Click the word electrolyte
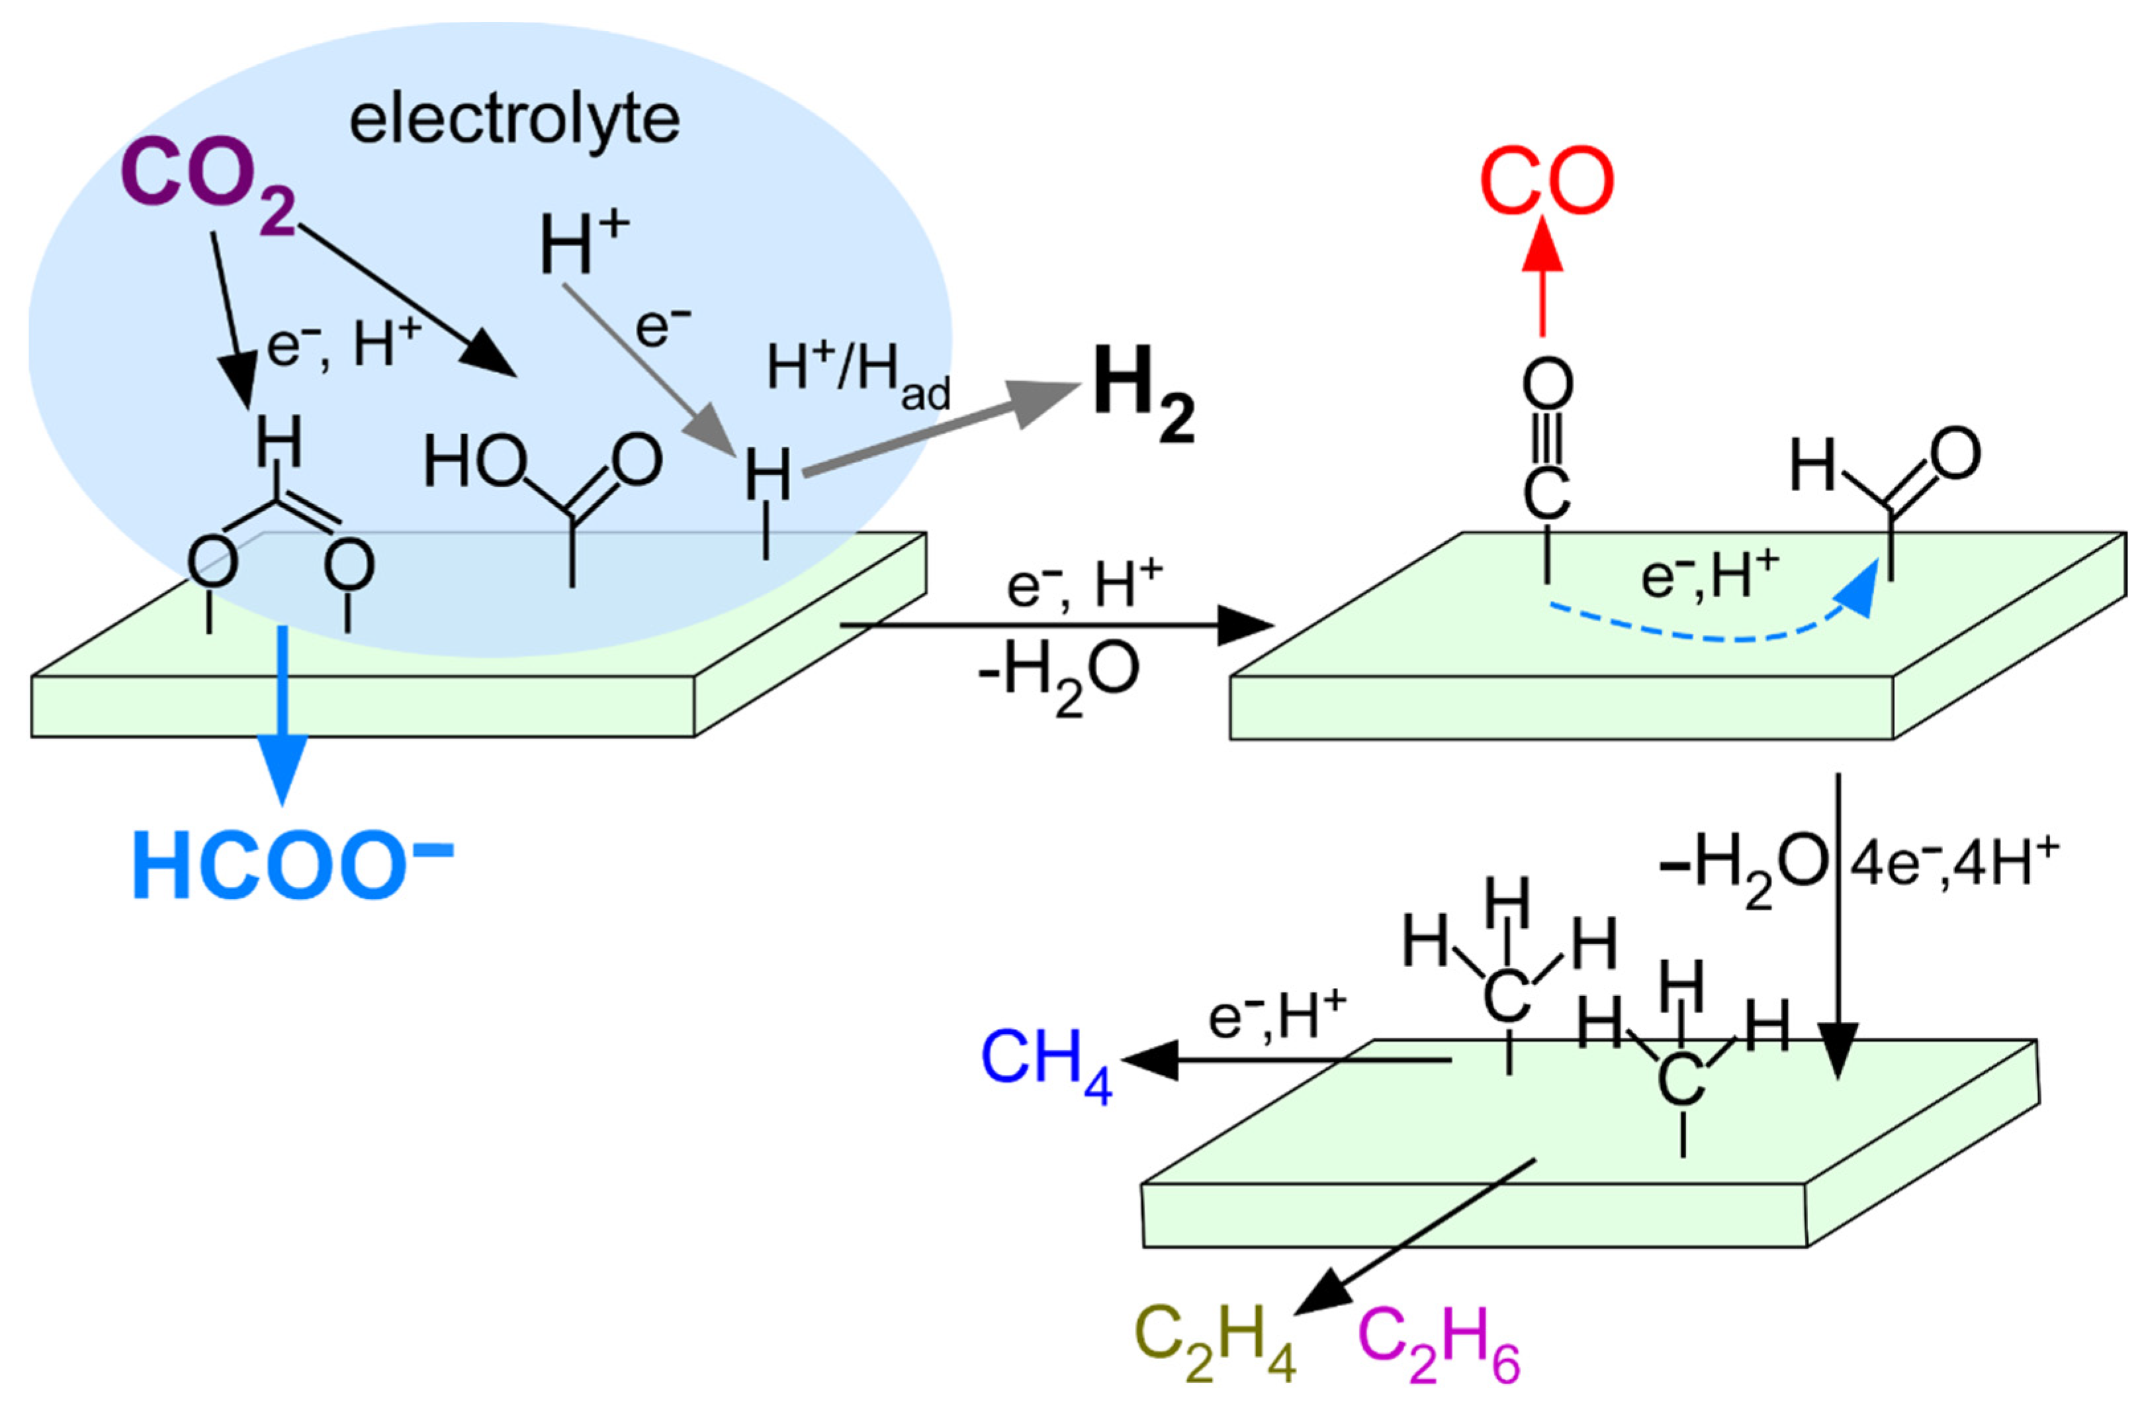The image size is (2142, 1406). click(514, 122)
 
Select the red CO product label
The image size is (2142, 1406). click(1547, 182)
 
